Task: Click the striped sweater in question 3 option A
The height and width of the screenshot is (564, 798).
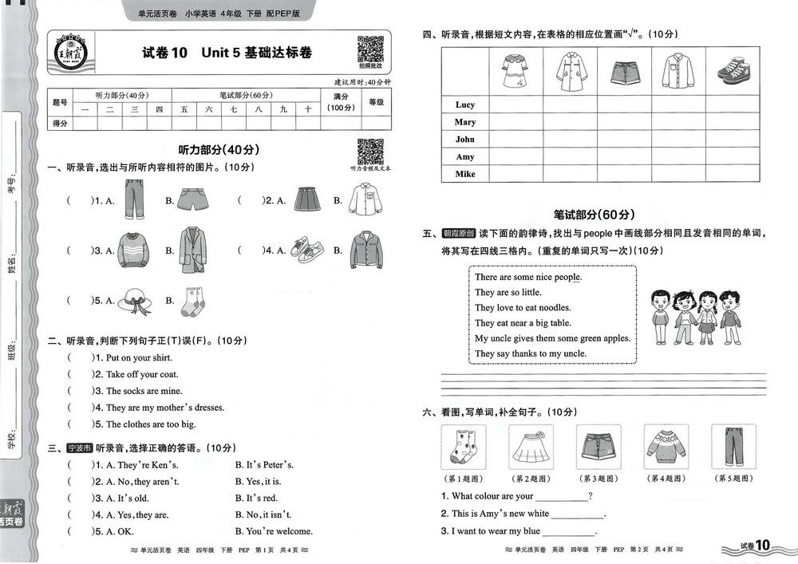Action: point(132,250)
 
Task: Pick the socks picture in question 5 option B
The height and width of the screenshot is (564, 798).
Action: point(192,301)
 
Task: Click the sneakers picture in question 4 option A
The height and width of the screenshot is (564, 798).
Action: point(305,249)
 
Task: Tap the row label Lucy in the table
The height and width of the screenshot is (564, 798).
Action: point(465,105)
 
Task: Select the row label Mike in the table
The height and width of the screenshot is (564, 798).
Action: point(465,174)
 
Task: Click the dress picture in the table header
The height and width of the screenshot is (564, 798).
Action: point(515,69)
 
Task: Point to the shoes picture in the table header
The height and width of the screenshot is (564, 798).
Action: point(733,70)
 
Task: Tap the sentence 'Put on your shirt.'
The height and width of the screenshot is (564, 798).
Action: point(139,358)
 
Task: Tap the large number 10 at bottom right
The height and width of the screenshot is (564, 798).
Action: point(762,546)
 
